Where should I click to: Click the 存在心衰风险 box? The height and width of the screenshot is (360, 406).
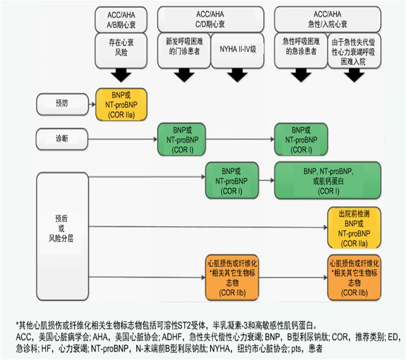point(122,47)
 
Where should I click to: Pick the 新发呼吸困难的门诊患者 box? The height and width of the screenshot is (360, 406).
point(184,47)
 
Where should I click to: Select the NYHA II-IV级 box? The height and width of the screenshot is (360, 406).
point(237,47)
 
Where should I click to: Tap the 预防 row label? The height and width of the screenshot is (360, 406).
point(61,103)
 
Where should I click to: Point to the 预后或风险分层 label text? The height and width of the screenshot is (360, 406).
point(61,230)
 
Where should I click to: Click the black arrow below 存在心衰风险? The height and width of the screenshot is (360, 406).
point(122,75)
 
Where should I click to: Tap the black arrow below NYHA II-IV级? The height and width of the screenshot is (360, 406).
point(237,75)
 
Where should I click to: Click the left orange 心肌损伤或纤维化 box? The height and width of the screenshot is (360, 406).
point(232,277)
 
